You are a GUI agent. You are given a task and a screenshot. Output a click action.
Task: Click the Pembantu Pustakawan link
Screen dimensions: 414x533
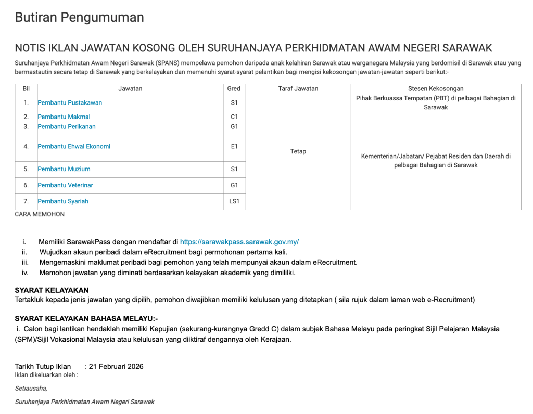tap(70, 103)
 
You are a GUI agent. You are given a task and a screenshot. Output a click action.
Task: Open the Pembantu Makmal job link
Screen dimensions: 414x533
tap(64, 117)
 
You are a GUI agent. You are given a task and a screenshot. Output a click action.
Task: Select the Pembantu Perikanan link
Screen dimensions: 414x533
tap(67, 127)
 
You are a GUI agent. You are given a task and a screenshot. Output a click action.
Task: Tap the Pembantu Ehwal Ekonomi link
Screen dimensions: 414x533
tap(74, 147)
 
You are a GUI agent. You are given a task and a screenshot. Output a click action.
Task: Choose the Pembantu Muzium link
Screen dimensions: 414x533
tap(64, 169)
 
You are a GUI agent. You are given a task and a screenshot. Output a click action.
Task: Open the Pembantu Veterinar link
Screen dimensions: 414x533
tap(66, 185)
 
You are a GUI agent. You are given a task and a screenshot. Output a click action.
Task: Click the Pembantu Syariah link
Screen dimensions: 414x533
tap(63, 201)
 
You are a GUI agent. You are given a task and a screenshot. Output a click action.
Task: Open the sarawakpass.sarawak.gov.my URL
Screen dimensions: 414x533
tap(239, 242)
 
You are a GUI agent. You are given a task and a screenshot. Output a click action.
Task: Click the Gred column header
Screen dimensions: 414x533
tap(234, 89)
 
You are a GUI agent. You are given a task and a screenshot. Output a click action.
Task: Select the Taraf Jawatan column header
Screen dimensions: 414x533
tap(298, 89)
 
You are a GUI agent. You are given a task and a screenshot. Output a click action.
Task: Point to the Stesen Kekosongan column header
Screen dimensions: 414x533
tap(436, 89)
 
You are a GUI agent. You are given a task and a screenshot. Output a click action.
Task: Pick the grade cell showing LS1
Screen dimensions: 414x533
tap(234, 201)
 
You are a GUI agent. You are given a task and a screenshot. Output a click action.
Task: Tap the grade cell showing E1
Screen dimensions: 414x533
tap(234, 147)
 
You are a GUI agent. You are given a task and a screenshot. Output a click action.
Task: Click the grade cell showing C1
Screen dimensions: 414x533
tap(234, 117)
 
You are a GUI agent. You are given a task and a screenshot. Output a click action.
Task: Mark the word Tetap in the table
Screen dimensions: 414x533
tap(298, 152)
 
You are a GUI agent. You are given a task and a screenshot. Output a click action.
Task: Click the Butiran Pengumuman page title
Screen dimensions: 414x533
tap(79, 18)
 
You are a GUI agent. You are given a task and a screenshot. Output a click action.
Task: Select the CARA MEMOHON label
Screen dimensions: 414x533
tap(40, 214)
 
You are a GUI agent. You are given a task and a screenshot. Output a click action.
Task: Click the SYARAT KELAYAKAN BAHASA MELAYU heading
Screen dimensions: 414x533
tap(86, 319)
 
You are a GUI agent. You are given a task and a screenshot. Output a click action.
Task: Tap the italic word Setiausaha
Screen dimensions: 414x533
tap(31, 388)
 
